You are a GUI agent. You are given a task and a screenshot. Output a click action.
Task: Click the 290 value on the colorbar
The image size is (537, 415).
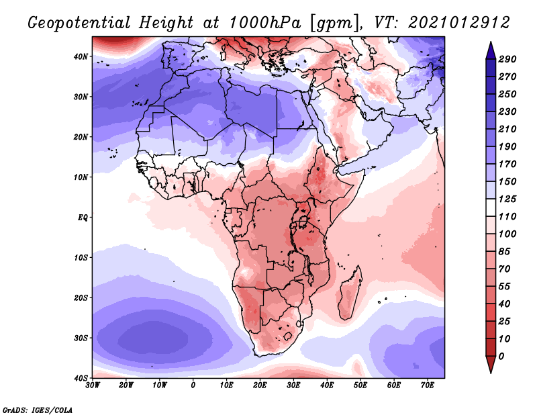[507, 60]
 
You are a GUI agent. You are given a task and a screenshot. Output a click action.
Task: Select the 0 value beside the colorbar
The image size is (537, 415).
[501, 356]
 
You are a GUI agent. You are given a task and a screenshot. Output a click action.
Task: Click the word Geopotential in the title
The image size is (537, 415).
[79, 22]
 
